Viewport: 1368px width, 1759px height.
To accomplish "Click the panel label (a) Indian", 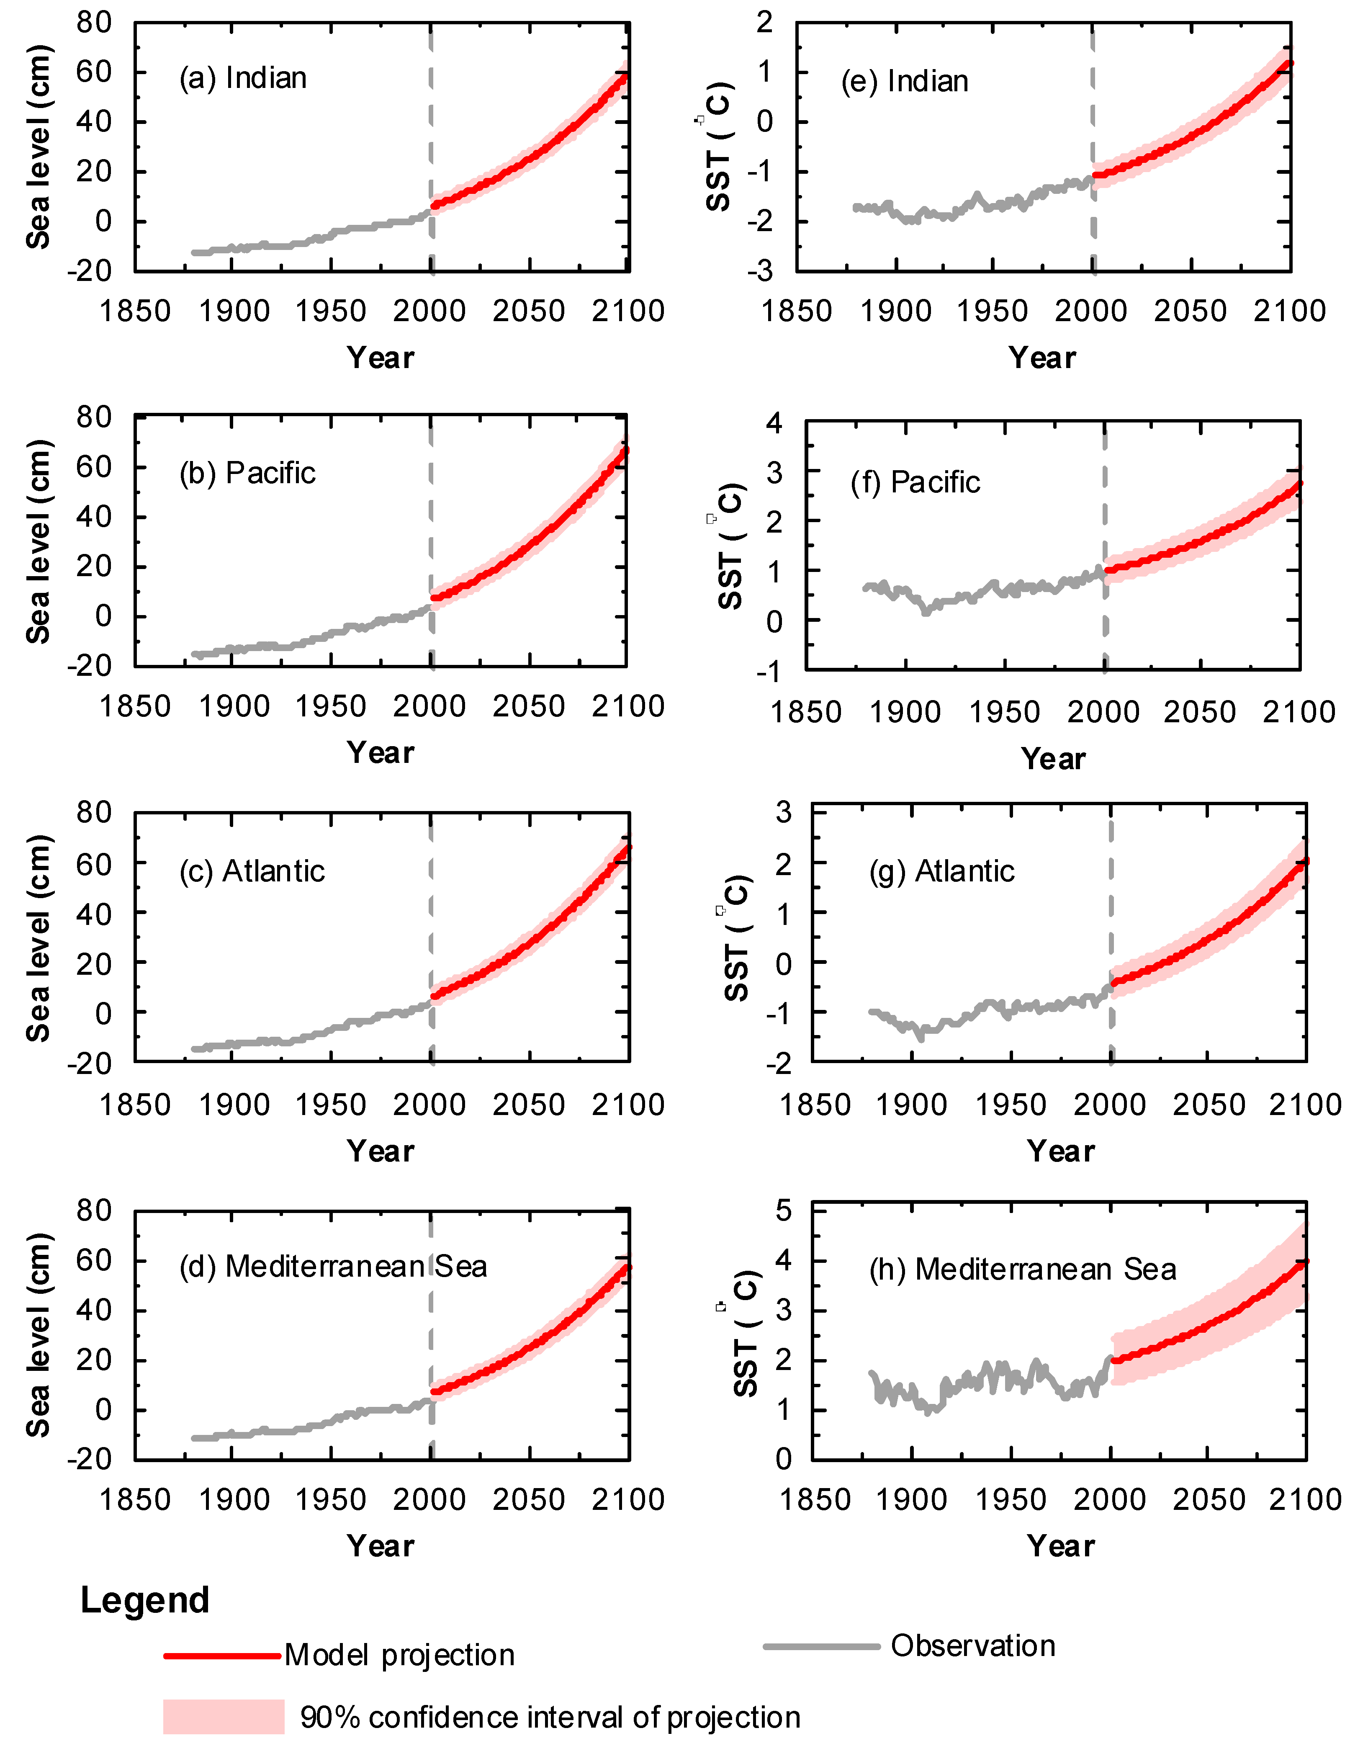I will click(x=242, y=78).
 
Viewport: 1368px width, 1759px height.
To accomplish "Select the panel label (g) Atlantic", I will click(x=941, y=871).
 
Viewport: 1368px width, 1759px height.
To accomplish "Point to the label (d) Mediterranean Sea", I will click(x=332, y=1267).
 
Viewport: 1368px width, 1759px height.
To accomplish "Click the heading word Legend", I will click(x=145, y=1600).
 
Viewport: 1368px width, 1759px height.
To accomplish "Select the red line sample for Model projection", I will click(x=222, y=1656).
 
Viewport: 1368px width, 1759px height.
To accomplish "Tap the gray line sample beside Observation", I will click(x=821, y=1647).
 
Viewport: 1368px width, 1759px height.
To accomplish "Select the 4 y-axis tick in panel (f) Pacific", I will click(x=774, y=422).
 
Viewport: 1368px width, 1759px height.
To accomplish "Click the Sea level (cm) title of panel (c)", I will click(x=38, y=938).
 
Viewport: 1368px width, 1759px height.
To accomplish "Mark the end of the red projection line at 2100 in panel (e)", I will click(x=1289, y=64).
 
